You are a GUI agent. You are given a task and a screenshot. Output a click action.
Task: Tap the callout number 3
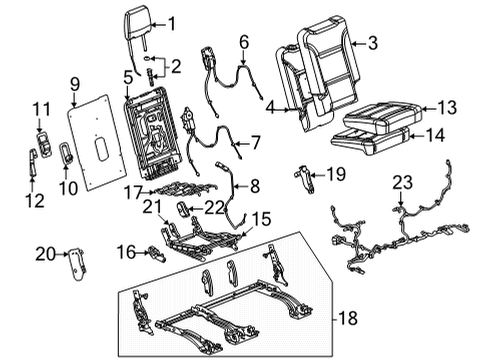click(x=373, y=42)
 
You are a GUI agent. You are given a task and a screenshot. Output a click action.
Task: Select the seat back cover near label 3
click(x=320, y=60)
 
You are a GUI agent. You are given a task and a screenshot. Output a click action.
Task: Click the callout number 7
click(x=256, y=143)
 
